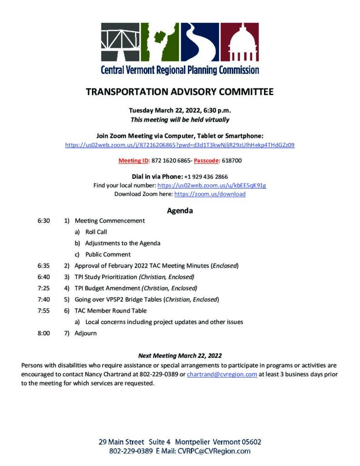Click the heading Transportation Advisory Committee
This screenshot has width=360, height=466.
pos(180,92)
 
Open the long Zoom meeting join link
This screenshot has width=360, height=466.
pos(180,145)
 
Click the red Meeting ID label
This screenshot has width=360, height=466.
pos(133,161)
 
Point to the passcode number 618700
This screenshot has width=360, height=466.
pos(232,161)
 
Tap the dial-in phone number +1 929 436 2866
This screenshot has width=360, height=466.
pos(206,177)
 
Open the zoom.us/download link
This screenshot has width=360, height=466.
pos(210,194)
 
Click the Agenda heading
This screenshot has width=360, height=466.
pos(180,211)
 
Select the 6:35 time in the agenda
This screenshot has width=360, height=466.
pos(44,265)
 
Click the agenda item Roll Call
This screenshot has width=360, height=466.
pos(96,232)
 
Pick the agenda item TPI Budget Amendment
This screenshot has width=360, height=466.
pos(107,288)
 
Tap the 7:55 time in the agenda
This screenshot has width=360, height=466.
pos(44,310)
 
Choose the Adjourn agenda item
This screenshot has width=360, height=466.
pos(86,333)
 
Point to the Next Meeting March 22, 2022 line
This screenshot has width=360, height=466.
pos(180,355)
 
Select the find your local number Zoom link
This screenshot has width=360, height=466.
pos(212,185)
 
